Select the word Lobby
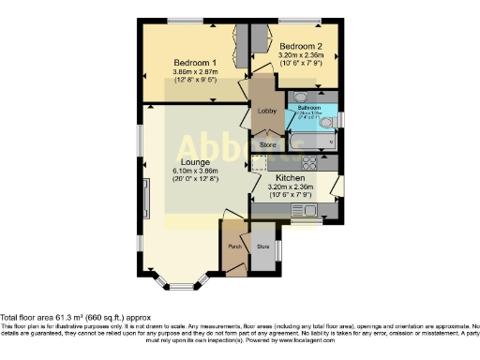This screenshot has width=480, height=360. pos(264,112)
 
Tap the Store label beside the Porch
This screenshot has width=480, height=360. pos(262,247)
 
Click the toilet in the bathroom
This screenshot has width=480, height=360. pos(326,122)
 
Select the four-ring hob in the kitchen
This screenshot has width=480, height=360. pos(308,161)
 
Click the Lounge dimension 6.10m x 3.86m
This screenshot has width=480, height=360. pos(194,171)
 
